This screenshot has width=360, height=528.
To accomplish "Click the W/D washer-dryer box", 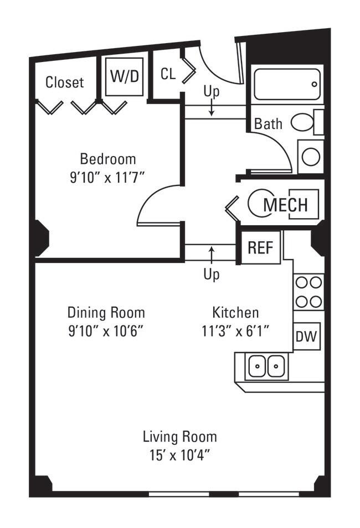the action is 124,77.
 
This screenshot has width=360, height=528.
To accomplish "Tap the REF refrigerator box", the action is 261,247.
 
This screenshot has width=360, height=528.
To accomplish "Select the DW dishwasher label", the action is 306,336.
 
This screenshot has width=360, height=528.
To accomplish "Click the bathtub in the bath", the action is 286,85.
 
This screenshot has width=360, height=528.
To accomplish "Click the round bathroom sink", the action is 311,157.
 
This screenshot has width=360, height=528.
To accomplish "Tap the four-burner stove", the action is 308,292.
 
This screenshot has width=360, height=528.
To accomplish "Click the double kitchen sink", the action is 266,366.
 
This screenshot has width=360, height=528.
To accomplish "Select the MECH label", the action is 285,204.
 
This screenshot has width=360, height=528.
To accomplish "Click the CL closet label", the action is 168,74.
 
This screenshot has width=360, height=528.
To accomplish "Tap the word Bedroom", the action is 108,159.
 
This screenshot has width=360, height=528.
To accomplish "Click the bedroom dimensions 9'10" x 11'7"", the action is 107,177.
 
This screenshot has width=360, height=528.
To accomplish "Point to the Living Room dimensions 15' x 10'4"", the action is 180,455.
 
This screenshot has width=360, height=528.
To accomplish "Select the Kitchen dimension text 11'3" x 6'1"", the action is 235,330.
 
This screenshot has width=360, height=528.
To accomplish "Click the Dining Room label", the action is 106,313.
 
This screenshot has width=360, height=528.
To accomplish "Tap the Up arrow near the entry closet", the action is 212,109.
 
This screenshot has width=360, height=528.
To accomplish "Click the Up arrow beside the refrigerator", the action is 212,255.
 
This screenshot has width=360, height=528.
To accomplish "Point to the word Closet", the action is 64,82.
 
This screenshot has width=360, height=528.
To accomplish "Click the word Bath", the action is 268,123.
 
